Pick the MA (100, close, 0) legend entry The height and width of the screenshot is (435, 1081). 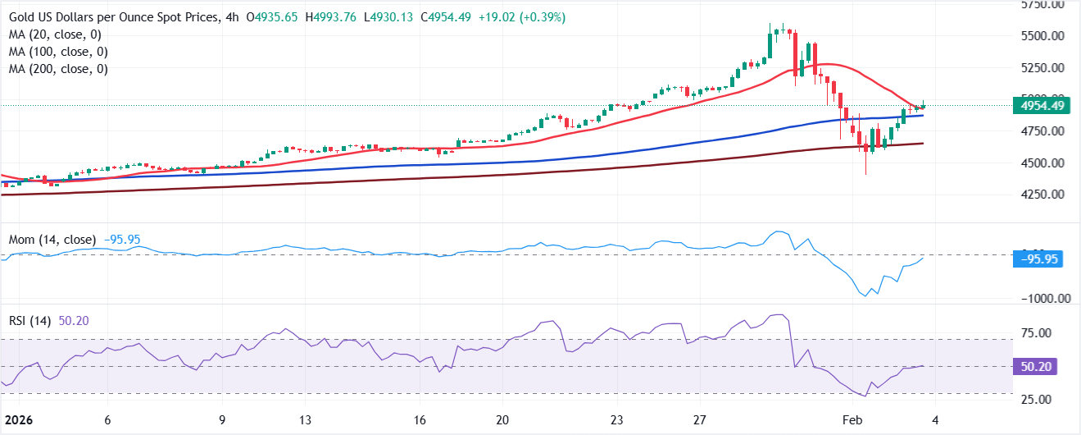[x=60, y=52]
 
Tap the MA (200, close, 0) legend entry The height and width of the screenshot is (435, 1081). [x=60, y=69]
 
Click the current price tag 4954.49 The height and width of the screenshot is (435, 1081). [x=1038, y=105]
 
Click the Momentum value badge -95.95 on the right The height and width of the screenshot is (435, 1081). [x=1038, y=259]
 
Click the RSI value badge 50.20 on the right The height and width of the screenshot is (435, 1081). [x=1038, y=366]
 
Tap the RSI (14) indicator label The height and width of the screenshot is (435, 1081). [x=31, y=321]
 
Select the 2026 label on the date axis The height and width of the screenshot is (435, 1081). [x=16, y=419]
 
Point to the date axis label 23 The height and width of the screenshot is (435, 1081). [x=616, y=419]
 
